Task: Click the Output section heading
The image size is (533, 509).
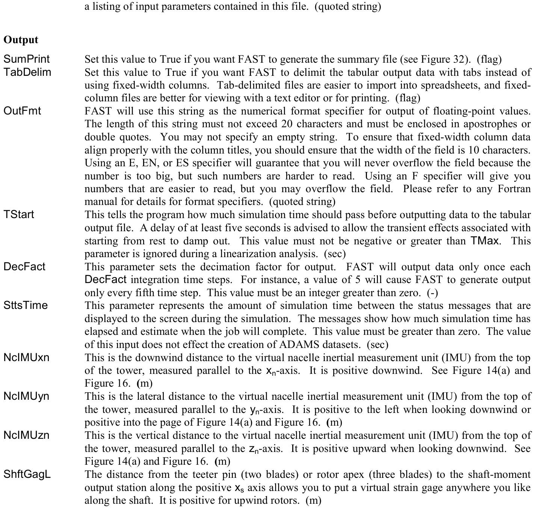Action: [x=21, y=40]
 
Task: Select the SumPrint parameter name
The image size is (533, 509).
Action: [x=27, y=59]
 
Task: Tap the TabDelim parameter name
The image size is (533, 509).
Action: [x=27, y=72]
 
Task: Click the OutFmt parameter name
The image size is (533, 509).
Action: [x=22, y=111]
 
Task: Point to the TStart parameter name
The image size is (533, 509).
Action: [x=19, y=214]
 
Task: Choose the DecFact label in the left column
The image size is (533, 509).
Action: [x=24, y=267]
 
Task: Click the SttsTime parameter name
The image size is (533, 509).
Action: [x=26, y=305]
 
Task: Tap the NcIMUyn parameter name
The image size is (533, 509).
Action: [x=26, y=396]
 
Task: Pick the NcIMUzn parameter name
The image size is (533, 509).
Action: [x=26, y=435]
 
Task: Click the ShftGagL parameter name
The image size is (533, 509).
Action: [x=27, y=474]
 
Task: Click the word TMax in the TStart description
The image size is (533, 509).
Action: [x=485, y=241]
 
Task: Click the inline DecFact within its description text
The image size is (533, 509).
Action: [x=106, y=280]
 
